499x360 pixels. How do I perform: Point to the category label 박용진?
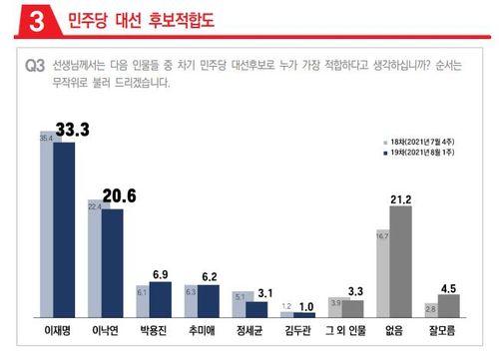pos(150,326)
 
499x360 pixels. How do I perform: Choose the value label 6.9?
pos(160,272)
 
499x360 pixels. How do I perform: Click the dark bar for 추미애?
pos(208,299)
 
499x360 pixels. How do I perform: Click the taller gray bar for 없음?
pos(401,260)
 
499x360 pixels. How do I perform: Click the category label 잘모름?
pos(440,326)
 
